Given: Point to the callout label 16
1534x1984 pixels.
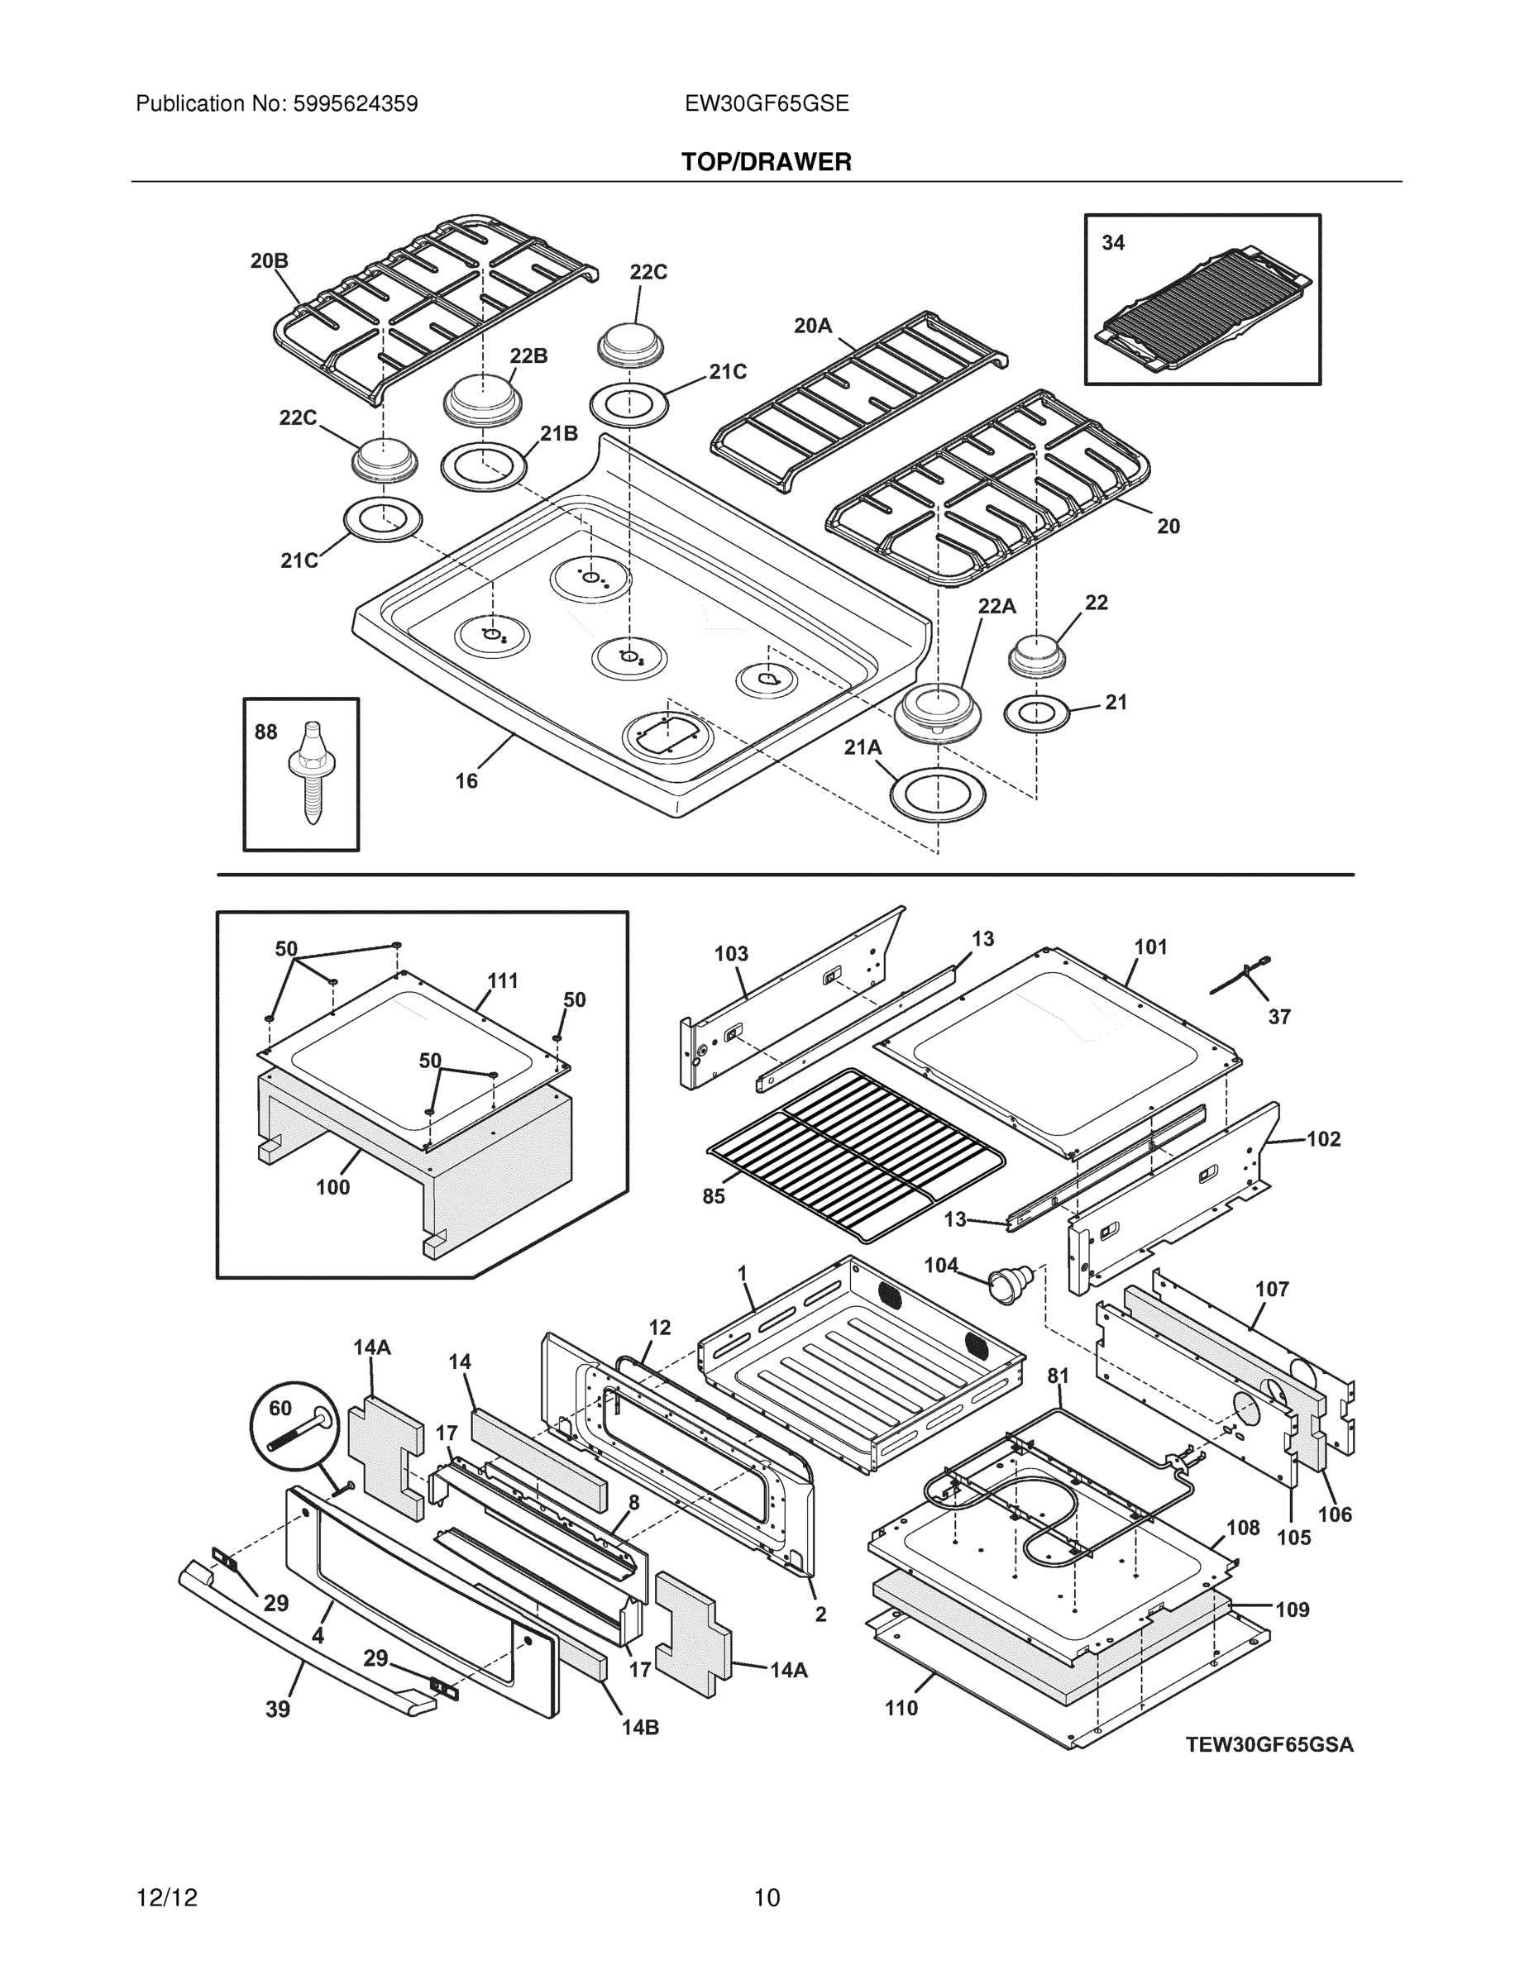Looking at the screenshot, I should point(466,781).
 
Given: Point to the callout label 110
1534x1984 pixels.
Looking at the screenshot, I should point(901,1708).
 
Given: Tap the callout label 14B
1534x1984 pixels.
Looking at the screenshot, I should point(640,1728).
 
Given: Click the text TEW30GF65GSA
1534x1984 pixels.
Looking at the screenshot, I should point(1269,1745).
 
